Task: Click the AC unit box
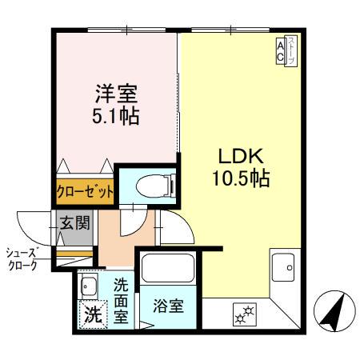280,51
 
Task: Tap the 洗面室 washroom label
121,298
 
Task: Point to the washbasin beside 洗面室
88,286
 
